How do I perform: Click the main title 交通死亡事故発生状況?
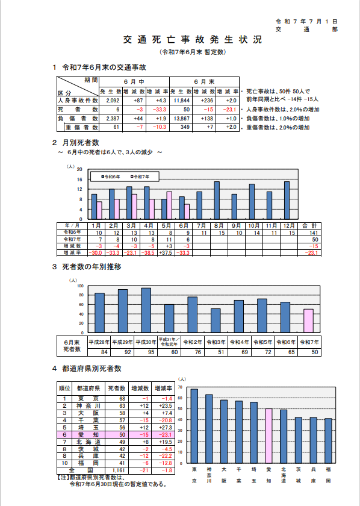[192, 40]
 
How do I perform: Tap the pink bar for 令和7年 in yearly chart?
[308, 320]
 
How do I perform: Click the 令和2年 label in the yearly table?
[192, 342]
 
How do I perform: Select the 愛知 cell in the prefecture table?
[88, 434]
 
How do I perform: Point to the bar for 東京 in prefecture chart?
[194, 425]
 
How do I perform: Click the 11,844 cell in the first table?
[181, 100]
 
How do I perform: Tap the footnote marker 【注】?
[61, 476]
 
